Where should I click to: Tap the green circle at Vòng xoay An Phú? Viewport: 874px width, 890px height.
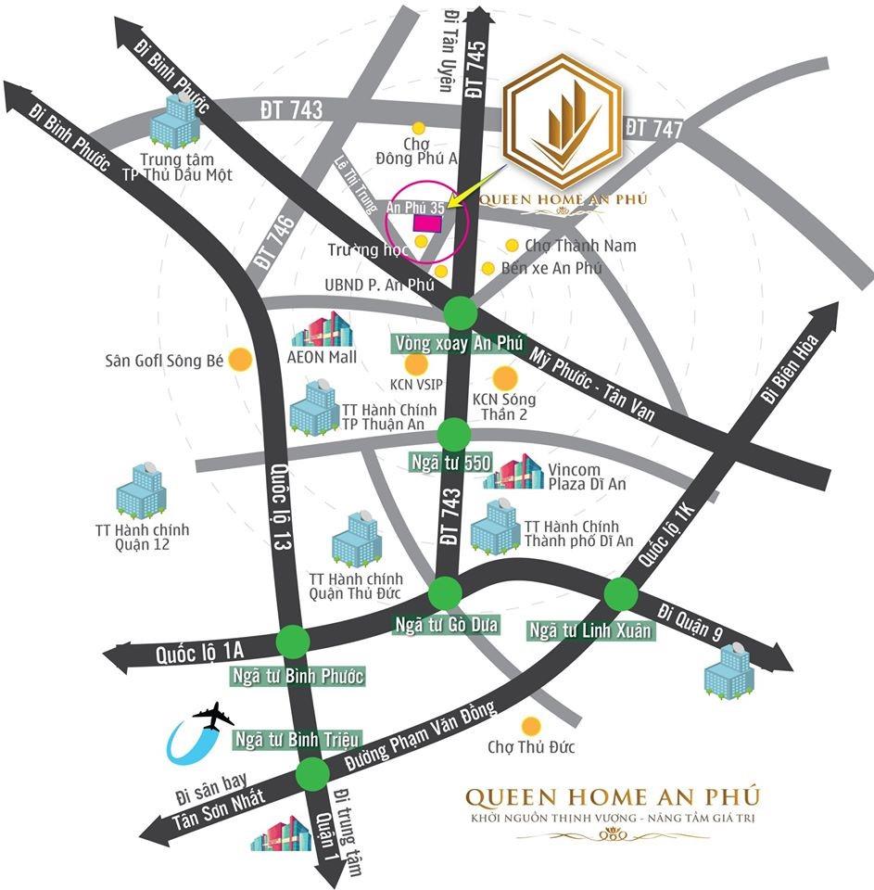click(x=460, y=312)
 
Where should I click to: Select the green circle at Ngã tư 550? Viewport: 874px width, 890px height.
click(x=454, y=433)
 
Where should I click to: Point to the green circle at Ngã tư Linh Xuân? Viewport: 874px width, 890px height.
click(x=619, y=592)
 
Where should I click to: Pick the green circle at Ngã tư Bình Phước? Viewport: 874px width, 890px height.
click(x=294, y=641)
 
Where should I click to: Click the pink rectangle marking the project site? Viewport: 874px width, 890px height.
click(x=427, y=222)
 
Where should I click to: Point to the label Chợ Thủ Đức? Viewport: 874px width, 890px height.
click(x=532, y=746)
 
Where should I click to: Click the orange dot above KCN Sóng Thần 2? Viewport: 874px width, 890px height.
click(x=505, y=378)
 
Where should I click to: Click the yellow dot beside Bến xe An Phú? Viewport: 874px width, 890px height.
click(x=488, y=268)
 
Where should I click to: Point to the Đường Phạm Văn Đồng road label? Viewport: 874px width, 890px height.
click(x=422, y=734)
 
